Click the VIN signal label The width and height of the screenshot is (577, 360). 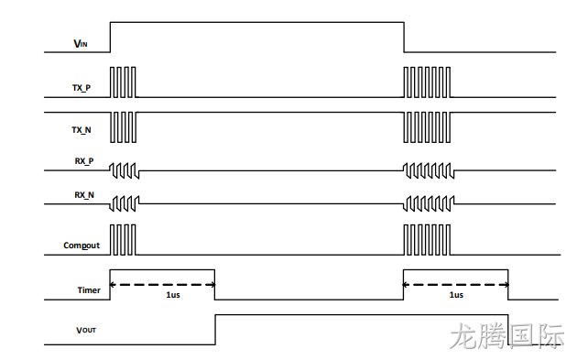click(x=81, y=43)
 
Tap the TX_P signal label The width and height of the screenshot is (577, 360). click(x=82, y=88)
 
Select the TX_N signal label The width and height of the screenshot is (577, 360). click(x=82, y=129)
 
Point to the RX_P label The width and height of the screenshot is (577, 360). click(x=84, y=161)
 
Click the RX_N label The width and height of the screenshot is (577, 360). click(x=84, y=195)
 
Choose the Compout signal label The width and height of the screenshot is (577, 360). click(x=82, y=245)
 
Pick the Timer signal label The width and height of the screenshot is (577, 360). click(x=89, y=290)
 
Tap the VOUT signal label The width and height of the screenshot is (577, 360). click(x=86, y=330)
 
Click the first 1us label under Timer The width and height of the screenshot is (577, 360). click(x=173, y=295)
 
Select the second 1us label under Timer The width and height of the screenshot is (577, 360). click(x=456, y=295)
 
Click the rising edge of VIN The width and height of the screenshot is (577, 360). click(x=111, y=38)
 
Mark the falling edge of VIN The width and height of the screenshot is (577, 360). click(x=404, y=38)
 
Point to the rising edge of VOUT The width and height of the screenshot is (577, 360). click(x=215, y=330)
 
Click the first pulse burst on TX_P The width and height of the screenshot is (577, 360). click(x=123, y=82)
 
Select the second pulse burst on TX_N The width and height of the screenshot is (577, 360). click(x=427, y=127)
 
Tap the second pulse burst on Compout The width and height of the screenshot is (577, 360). click(x=427, y=240)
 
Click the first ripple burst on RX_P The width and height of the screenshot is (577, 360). click(x=125, y=170)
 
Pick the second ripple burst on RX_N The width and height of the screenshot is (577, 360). click(x=429, y=203)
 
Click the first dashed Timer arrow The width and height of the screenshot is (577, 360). click(x=163, y=285)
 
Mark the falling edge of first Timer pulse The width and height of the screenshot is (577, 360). click(x=215, y=285)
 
